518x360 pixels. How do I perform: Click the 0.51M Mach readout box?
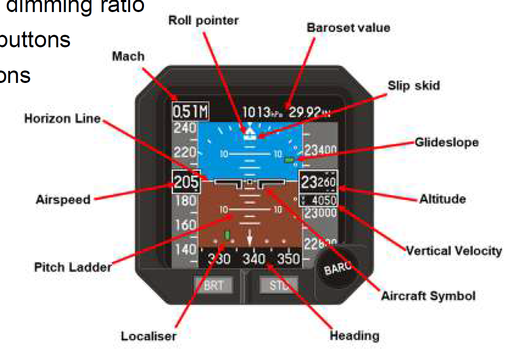click(191, 111)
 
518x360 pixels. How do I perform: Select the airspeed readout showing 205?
click(186, 182)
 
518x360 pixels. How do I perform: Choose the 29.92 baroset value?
click(304, 112)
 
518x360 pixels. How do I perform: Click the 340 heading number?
click(254, 259)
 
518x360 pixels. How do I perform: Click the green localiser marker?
click(227, 235)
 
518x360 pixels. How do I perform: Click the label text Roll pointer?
click(203, 20)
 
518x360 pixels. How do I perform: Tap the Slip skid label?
click(414, 86)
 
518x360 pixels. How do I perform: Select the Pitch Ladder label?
click(73, 267)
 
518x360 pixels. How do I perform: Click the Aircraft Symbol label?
click(428, 296)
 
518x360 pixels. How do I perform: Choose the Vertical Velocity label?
click(454, 251)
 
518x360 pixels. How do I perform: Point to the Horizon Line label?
click(62, 119)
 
